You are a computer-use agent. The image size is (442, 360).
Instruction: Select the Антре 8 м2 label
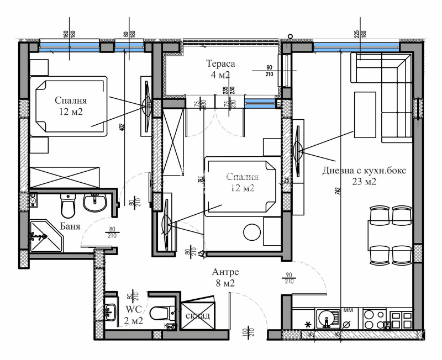click(x=225, y=278)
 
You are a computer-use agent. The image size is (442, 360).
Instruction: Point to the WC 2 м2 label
click(x=135, y=315)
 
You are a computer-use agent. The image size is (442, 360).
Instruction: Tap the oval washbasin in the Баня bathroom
click(x=94, y=204)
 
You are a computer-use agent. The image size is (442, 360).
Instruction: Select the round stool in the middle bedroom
click(x=252, y=231)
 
